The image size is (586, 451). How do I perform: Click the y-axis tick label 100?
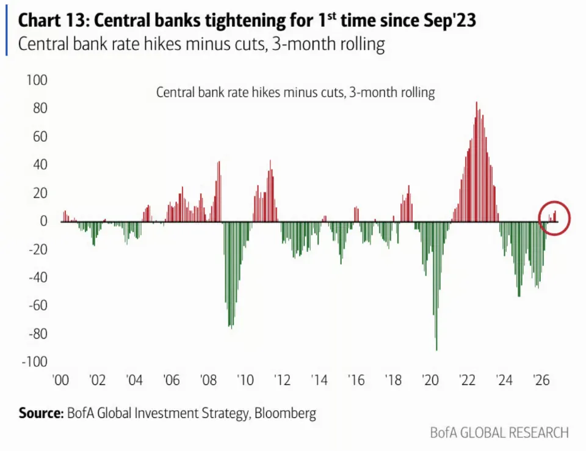(x=37, y=80)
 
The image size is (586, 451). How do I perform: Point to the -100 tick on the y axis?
(x=34, y=362)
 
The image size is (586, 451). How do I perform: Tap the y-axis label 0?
(x=43, y=221)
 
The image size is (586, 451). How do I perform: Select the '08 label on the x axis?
(x=208, y=380)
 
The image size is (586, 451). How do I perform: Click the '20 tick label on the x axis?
(x=430, y=380)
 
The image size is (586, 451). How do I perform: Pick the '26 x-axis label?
(x=541, y=380)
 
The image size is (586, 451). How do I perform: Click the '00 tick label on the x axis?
(x=60, y=380)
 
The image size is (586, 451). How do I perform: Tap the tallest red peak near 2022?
(x=477, y=102)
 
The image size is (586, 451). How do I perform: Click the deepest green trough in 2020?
(x=436, y=350)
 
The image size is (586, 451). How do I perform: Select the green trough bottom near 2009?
(x=231, y=328)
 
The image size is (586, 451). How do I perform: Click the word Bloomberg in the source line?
(x=285, y=413)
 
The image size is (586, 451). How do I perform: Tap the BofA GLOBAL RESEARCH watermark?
(x=499, y=433)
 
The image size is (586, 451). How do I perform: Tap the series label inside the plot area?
(x=295, y=92)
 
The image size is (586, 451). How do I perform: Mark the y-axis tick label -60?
(x=38, y=306)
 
